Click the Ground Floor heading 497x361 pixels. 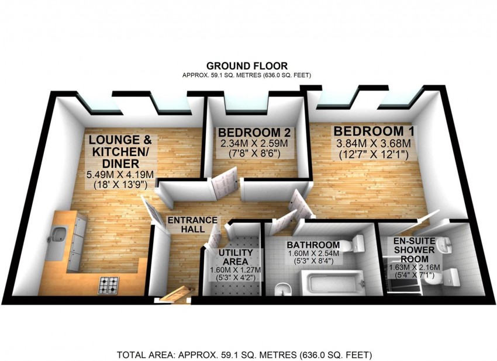pyautogui.click(x=247, y=66)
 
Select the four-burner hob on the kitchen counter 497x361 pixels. pyautogui.click(x=108, y=285)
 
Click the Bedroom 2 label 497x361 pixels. pyautogui.click(x=254, y=132)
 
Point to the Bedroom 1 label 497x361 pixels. pyautogui.click(x=374, y=131)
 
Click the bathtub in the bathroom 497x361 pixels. pyautogui.click(x=332, y=282)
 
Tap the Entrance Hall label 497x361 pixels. pyautogui.click(x=192, y=224)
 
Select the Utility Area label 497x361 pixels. pyautogui.click(x=236, y=257)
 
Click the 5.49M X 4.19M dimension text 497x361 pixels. pyautogui.click(x=120, y=174)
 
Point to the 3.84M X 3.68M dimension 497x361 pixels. pyautogui.click(x=374, y=144)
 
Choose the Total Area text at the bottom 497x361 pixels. pyautogui.click(x=244, y=355)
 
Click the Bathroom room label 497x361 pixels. pyautogui.click(x=313, y=245)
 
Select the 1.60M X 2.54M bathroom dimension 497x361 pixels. pyautogui.click(x=313, y=254)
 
